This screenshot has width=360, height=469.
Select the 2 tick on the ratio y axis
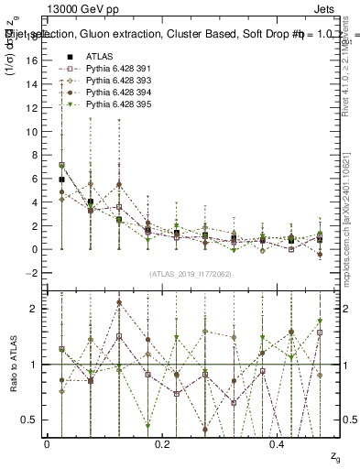(35, 309)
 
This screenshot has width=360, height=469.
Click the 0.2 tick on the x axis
(162, 443)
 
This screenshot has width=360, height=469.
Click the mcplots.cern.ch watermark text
(352, 211)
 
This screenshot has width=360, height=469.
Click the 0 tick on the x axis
(47, 443)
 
